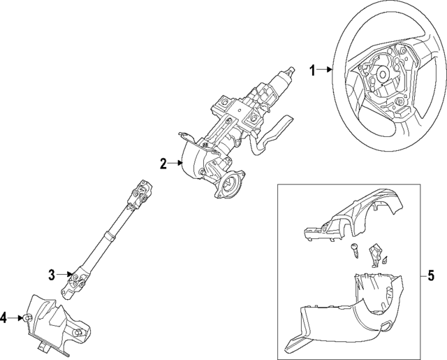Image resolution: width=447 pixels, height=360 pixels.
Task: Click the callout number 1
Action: coord(313,69)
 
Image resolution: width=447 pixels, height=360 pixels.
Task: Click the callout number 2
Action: coord(163,165)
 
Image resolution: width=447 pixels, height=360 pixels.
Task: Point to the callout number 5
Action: coord(431,273)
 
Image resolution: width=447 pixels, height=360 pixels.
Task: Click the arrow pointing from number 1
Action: coord(325,69)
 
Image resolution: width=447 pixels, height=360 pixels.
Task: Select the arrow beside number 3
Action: coord(65,273)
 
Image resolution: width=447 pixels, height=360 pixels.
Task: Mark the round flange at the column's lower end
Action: coord(230,188)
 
